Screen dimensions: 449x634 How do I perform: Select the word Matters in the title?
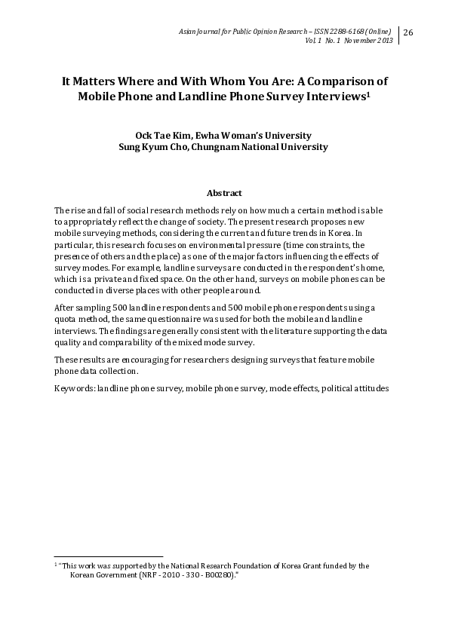94,81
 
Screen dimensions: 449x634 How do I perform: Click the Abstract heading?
224,193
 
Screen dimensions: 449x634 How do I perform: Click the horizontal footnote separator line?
109,556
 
